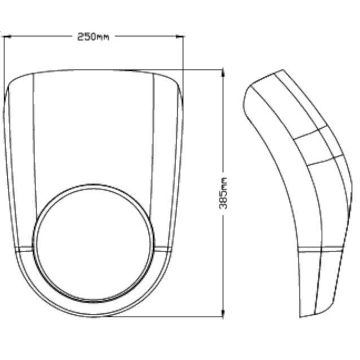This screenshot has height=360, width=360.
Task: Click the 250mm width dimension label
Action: click(x=93, y=37)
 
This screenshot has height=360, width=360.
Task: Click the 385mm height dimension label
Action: click(x=223, y=193)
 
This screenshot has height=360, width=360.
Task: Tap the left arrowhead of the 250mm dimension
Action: click(x=7, y=36)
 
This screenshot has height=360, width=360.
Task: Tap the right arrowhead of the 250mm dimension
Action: click(x=180, y=36)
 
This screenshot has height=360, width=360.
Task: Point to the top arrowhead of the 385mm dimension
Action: click(x=223, y=73)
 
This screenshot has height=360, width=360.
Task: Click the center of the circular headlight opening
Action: click(x=94, y=243)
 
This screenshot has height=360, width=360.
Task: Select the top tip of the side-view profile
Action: click(x=283, y=69)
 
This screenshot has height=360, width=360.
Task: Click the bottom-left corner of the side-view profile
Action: click(x=300, y=317)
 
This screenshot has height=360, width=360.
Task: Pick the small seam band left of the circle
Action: click(x=24, y=249)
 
